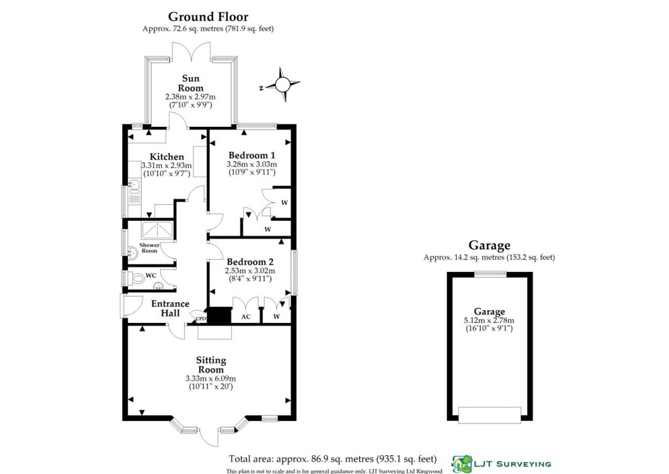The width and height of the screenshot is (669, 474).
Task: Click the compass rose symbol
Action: tap(283, 84)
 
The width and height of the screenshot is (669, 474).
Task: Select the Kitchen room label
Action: tap(167, 157)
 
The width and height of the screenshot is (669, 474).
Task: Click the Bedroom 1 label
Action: tap(252, 154)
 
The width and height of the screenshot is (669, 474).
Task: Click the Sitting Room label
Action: tap(211, 365)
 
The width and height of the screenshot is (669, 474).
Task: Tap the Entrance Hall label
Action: tap(170, 309)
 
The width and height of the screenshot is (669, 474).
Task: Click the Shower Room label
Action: tap(149, 248)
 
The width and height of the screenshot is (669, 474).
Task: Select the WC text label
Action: tap(150, 276)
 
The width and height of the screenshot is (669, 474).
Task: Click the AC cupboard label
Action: tap(246, 317)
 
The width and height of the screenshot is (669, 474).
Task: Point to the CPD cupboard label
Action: tap(201, 319)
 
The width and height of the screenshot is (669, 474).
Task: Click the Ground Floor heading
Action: tap(208, 16)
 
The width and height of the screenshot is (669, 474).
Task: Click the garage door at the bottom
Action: tap(489, 415)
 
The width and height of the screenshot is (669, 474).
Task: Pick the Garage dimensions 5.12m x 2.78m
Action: tap(489, 320)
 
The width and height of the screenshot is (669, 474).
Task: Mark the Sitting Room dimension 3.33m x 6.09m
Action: tap(211, 379)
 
